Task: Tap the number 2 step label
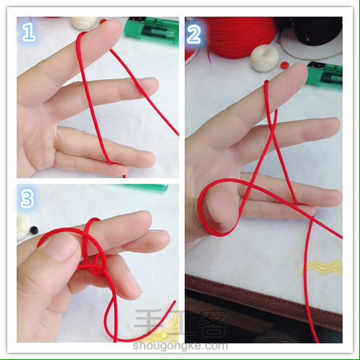pyautogui.click(x=194, y=35)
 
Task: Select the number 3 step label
pyautogui.click(x=27, y=199)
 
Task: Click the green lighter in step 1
pyautogui.click(x=152, y=30)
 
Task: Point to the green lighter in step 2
pyautogui.click(x=325, y=75)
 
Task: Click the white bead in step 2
pyautogui.click(x=265, y=58)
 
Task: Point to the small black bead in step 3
pyautogui.click(x=34, y=230)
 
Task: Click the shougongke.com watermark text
pyautogui.click(x=180, y=346)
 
